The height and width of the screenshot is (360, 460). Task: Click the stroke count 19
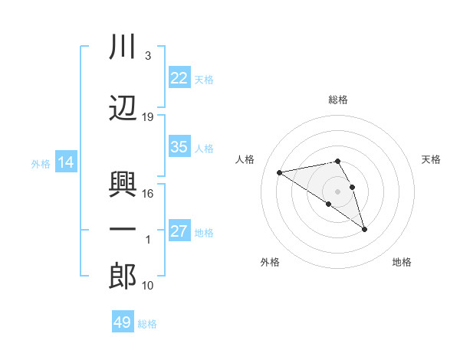click(148, 117)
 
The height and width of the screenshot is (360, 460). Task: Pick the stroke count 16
click(148, 194)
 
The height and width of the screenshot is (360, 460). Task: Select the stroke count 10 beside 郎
click(148, 286)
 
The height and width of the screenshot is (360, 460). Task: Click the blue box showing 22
click(179, 77)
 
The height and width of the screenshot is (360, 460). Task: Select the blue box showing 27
click(179, 231)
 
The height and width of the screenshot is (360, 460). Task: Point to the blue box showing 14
click(65, 162)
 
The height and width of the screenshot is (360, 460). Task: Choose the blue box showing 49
click(123, 322)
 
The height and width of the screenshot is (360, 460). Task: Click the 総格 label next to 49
click(147, 324)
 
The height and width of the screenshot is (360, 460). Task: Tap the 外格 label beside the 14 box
click(41, 163)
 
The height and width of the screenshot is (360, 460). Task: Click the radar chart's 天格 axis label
click(432, 159)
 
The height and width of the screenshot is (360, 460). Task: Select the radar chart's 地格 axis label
click(402, 262)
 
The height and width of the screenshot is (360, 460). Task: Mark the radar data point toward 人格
click(280, 172)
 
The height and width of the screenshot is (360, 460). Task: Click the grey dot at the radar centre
click(338, 191)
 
